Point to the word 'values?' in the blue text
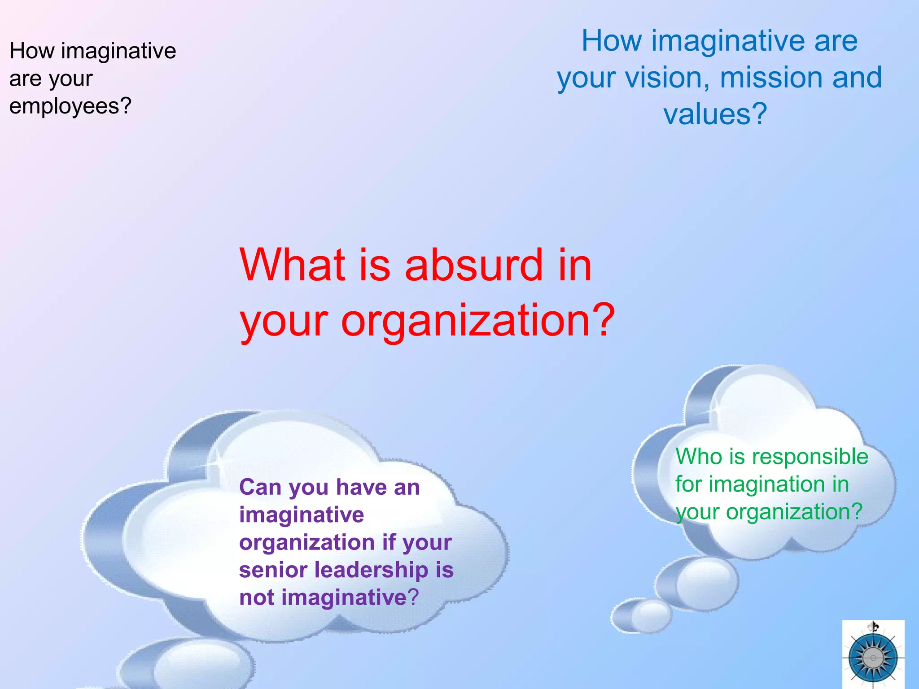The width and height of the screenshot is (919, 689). click(715, 114)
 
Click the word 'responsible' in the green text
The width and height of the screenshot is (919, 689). click(810, 457)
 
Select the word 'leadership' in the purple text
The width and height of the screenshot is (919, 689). click(371, 570)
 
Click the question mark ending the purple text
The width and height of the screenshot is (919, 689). click(413, 597)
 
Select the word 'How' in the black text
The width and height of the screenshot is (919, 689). click(31, 51)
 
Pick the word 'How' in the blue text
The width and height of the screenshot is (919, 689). click(611, 41)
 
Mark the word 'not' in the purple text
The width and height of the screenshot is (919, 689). click(257, 597)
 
